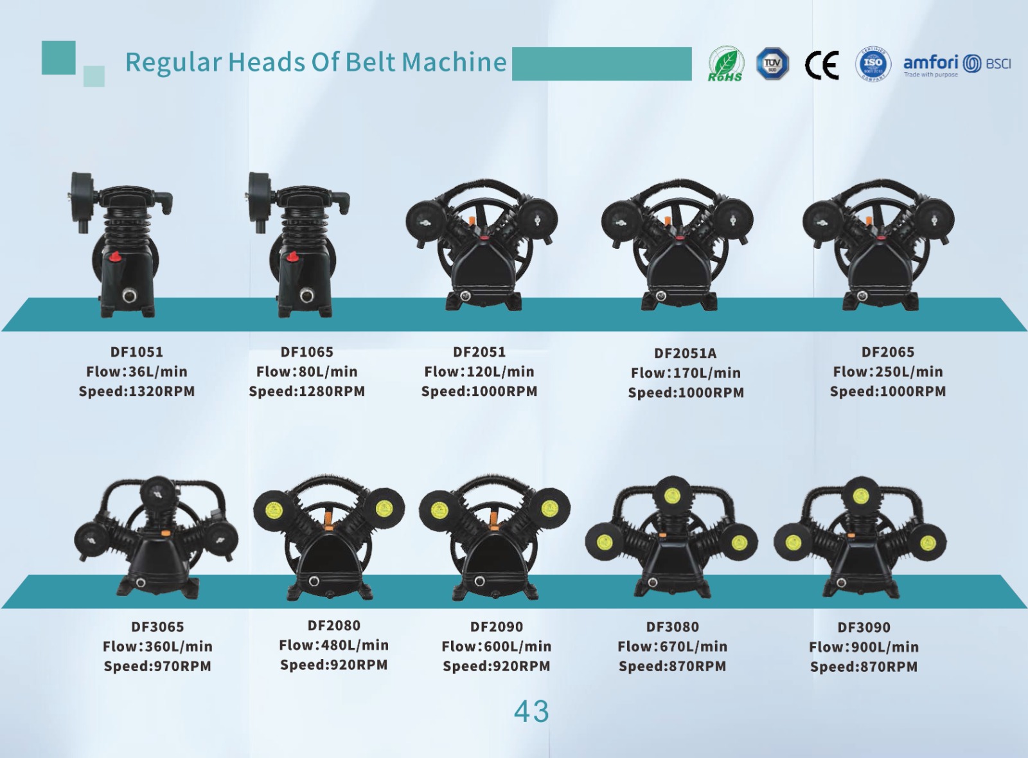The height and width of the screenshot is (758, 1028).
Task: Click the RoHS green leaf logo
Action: (x=725, y=64)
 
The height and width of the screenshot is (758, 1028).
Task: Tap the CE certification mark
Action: (x=822, y=65)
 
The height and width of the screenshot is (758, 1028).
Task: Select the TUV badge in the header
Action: (x=772, y=64)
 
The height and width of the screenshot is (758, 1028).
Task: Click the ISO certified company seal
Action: (x=873, y=64)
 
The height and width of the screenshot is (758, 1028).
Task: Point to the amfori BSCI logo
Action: (x=957, y=65)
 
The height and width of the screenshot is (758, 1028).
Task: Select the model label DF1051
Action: (x=137, y=352)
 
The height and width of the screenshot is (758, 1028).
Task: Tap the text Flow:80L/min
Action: (x=306, y=372)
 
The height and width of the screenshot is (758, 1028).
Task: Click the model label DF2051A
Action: (x=685, y=353)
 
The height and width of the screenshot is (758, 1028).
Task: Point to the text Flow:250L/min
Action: (x=887, y=372)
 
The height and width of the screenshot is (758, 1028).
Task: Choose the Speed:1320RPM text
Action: (x=137, y=391)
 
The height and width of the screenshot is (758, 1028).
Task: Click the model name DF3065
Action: (x=157, y=627)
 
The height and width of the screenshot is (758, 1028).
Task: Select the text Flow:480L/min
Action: (x=333, y=645)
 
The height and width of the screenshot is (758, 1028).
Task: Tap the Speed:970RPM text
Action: (x=157, y=665)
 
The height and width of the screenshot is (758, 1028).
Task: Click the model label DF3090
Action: (x=864, y=627)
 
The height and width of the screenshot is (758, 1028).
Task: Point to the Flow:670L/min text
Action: (x=672, y=646)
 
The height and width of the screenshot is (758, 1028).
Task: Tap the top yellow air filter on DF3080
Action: (x=672, y=496)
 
